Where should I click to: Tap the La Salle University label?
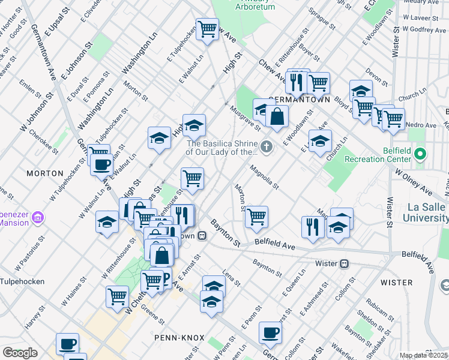point(418,212)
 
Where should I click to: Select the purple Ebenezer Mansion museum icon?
point(38,216)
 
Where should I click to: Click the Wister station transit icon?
point(345,263)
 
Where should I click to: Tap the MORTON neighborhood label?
point(45,173)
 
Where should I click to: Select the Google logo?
point(20,353)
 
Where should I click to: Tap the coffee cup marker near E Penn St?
point(270,332)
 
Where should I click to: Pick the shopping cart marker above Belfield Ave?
point(256,217)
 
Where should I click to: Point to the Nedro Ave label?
point(423,125)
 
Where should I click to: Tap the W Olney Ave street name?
point(414,181)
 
